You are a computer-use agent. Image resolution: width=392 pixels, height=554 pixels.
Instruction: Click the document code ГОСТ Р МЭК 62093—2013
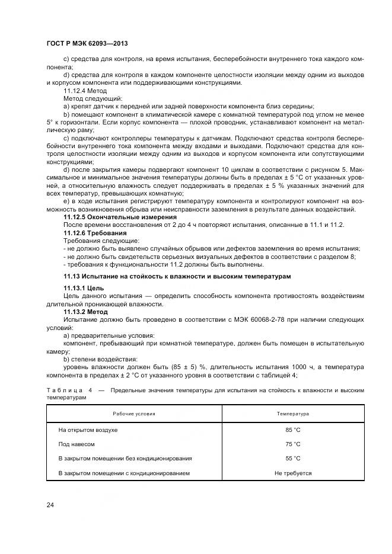pyautogui.click(x=87, y=44)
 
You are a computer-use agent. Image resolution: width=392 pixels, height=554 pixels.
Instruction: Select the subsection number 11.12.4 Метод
pyautogui.click(x=85, y=91)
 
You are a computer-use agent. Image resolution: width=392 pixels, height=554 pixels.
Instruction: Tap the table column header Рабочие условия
pyautogui.click(x=134, y=414)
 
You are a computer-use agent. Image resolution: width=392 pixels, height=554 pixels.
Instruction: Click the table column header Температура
pyautogui.click(x=293, y=414)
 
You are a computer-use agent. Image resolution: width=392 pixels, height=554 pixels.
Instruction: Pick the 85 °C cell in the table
pyautogui.click(x=293, y=430)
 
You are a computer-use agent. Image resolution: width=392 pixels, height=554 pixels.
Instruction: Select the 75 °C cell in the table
pyautogui.click(x=293, y=444)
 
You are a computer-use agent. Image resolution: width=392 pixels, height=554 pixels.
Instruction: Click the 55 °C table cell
pyautogui.click(x=293, y=459)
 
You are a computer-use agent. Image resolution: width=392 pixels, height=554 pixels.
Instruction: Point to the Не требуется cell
pyautogui.click(x=293, y=473)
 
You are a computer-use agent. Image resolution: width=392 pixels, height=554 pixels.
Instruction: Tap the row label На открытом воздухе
pyautogui.click(x=88, y=430)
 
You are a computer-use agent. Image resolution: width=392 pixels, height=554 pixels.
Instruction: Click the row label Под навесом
pyautogui.click(x=77, y=444)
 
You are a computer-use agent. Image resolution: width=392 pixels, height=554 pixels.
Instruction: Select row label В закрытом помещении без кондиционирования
pyautogui.click(x=125, y=459)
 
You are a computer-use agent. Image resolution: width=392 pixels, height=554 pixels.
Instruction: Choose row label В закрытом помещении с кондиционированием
pyautogui.click(x=123, y=473)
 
